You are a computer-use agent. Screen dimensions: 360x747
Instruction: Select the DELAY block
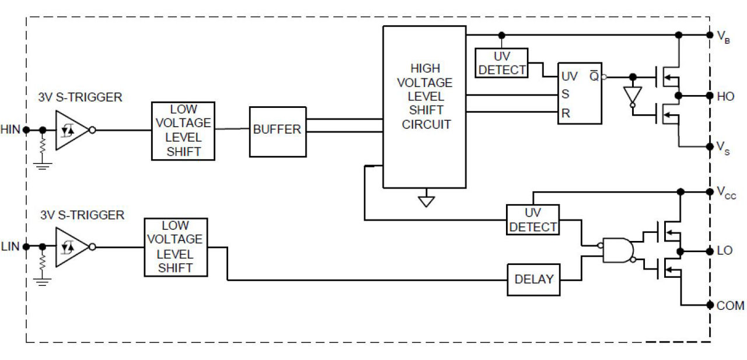[x=533, y=279]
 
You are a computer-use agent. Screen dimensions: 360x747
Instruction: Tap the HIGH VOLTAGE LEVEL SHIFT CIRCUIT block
[x=424, y=106]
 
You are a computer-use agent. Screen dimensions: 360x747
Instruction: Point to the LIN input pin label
[x=11, y=247]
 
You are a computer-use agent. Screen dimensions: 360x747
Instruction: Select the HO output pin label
[x=725, y=96]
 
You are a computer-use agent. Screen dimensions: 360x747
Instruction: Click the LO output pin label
[x=724, y=251]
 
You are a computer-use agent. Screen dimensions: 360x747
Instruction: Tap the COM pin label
[x=730, y=305]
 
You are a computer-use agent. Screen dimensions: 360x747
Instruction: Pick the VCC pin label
[x=726, y=193]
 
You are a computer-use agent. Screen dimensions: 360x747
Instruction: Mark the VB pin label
[x=723, y=36]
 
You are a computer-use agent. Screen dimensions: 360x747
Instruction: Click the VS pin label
[x=722, y=146]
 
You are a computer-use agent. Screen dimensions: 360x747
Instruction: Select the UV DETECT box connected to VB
[x=502, y=63]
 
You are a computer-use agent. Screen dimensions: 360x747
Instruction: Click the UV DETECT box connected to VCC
[x=532, y=220]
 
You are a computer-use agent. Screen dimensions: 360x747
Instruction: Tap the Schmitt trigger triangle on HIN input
[x=71, y=130]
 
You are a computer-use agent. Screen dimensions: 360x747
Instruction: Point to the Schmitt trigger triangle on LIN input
[x=71, y=247]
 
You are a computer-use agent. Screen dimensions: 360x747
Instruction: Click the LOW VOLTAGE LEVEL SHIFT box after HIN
[x=183, y=131]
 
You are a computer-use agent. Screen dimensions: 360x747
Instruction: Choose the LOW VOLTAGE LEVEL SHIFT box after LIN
[x=175, y=247]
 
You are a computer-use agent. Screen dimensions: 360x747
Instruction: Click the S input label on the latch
[x=565, y=94]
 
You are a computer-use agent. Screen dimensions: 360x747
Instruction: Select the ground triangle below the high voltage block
[x=427, y=201]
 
